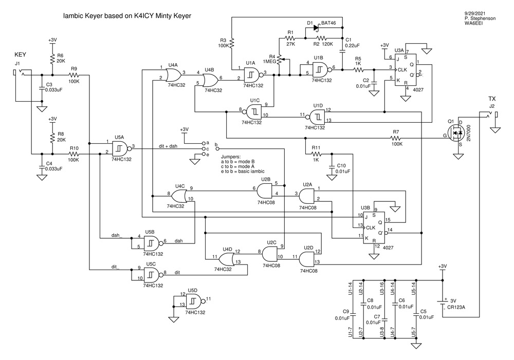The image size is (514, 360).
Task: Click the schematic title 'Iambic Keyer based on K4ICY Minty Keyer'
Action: (x=126, y=16)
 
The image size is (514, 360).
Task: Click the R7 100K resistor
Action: (x=395, y=138)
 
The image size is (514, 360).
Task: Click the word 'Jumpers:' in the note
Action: (x=231, y=156)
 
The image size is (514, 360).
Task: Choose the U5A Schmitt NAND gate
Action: (x=120, y=147)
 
